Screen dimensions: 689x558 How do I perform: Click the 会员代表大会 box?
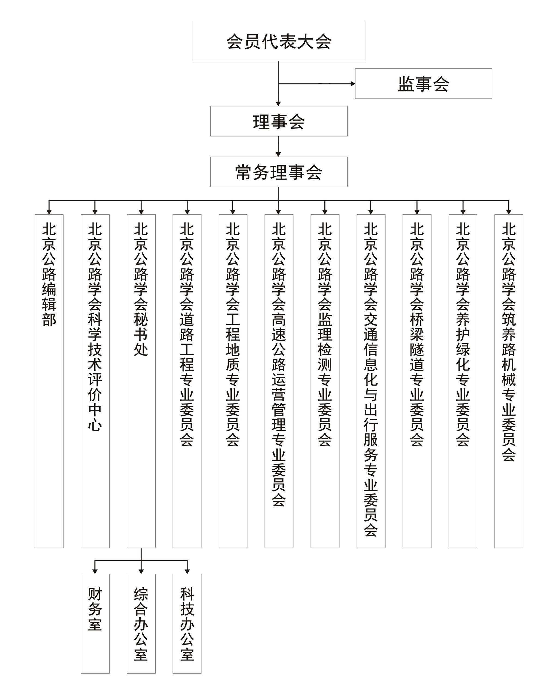point(279,41)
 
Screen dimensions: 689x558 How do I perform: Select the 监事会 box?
point(423,84)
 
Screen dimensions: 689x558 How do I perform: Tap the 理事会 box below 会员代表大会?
point(279,121)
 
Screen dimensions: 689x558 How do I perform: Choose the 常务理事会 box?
point(279,172)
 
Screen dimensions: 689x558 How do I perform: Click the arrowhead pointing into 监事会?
point(353,84)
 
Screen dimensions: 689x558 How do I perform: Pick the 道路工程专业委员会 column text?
point(187,334)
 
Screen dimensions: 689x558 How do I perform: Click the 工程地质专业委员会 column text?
point(233,334)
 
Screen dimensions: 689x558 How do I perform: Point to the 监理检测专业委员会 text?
point(325,334)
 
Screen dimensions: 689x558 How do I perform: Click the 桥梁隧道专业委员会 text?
point(417,334)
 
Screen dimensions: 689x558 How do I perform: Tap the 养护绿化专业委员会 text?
point(463,334)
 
